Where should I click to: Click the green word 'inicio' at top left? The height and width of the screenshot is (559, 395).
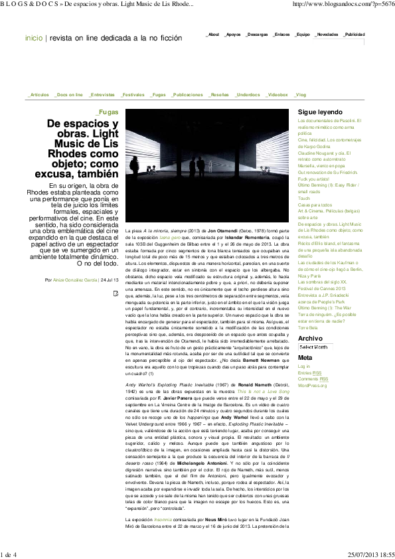[33, 38]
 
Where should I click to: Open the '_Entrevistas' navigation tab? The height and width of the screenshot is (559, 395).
[103, 95]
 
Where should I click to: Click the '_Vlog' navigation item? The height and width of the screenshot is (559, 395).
[300, 95]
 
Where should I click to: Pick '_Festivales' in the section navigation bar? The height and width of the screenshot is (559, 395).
[133, 95]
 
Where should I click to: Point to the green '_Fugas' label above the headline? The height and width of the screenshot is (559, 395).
[106, 113]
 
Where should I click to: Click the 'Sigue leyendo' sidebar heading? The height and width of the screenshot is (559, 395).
[320, 112]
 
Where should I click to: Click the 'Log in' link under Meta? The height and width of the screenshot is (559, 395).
[304, 366]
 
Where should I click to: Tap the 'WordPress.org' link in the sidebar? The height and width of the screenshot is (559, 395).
[313, 385]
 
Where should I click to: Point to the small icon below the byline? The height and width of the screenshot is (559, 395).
[116, 293]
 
